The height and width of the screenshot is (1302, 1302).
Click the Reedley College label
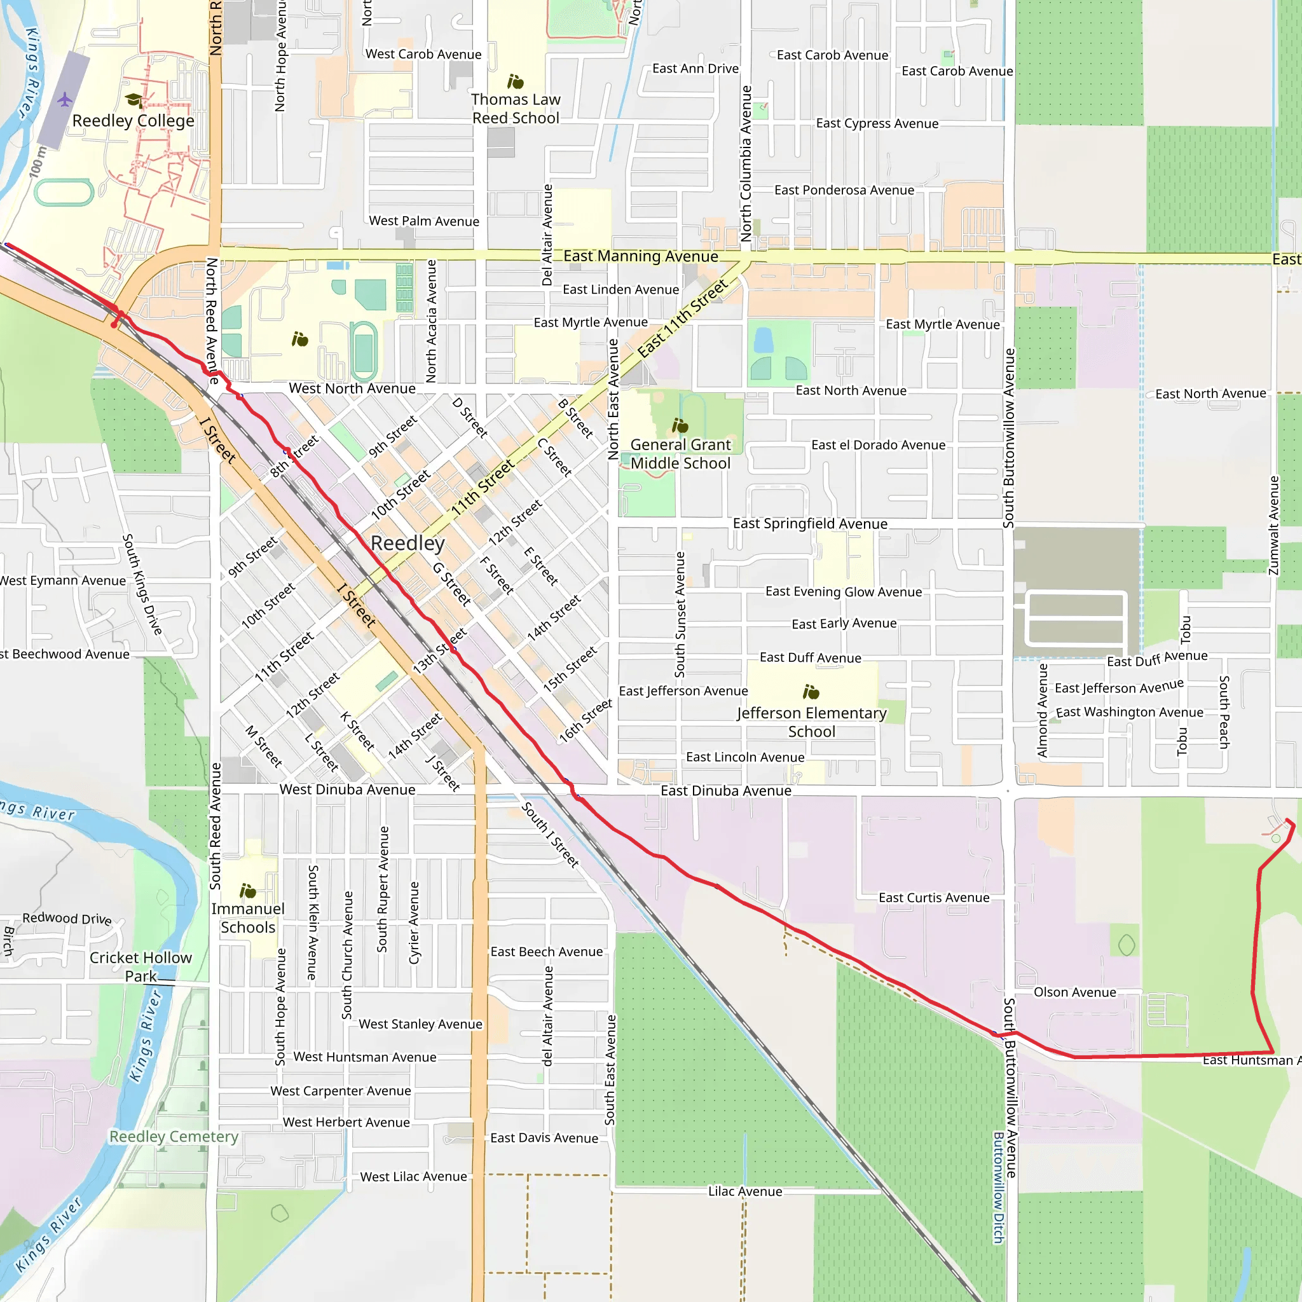(133, 121)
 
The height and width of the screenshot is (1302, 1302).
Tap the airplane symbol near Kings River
(65, 100)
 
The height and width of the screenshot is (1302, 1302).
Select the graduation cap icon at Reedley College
(134, 100)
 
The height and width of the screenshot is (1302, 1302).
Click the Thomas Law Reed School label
(516, 109)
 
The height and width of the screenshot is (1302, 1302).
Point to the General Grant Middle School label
(680, 453)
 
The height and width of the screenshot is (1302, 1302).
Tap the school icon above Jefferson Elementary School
(811, 692)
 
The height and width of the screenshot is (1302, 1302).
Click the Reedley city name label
(408, 543)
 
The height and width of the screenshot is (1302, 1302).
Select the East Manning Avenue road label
(640, 256)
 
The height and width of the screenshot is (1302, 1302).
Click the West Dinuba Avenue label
(347, 789)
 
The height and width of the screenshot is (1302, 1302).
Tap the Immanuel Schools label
(248, 918)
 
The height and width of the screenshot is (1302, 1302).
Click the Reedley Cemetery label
(174, 1136)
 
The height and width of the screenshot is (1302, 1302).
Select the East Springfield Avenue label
(810, 524)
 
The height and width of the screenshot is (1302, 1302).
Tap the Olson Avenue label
(1075, 992)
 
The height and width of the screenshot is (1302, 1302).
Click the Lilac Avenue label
(744, 1191)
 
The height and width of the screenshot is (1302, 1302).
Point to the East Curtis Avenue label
(934, 898)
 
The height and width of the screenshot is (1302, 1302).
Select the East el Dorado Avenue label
(878, 445)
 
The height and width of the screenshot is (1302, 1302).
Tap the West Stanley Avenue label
(420, 1024)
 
